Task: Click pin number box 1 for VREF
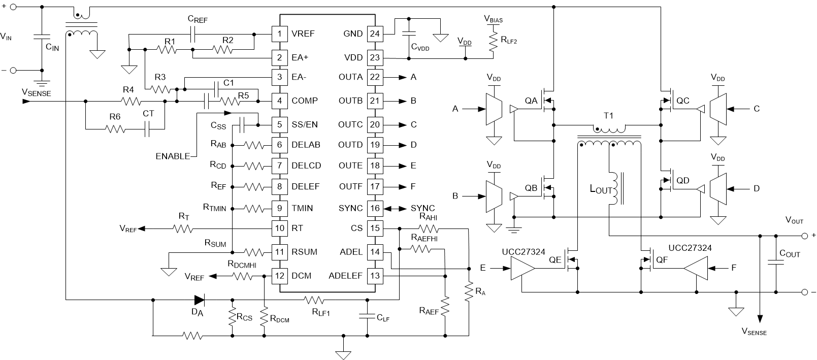tap(279, 34)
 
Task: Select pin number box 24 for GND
tap(375, 34)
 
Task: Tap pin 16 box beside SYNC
tap(375, 208)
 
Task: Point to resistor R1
tap(167, 49)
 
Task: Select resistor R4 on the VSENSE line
tap(129, 101)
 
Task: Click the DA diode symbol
tap(198, 300)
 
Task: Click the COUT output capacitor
tap(776, 263)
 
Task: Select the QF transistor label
tap(661, 259)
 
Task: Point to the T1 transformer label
tap(608, 116)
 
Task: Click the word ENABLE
tap(173, 156)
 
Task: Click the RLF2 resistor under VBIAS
tap(493, 42)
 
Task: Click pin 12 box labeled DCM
tap(279, 276)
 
